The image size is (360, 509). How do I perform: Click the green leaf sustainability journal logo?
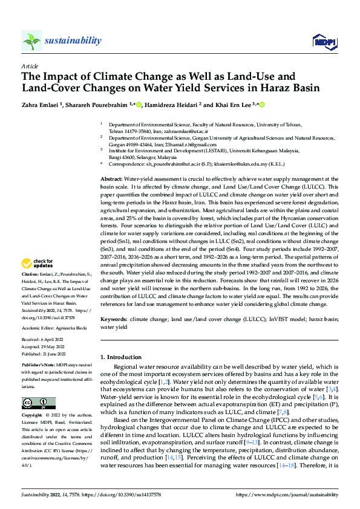pyautogui.click(x=31, y=41)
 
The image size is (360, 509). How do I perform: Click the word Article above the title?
pyautogui.click(x=29, y=66)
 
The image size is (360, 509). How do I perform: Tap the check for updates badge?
pyautogui.click(x=37, y=264)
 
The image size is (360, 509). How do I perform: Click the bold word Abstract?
pyautogui.click(x=111, y=163)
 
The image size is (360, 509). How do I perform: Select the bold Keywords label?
pyautogui.click(x=113, y=319)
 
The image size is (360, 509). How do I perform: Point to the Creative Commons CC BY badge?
pyautogui.click(x=39, y=403)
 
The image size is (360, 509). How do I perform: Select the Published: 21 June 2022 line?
pyautogui.click(x=44, y=355)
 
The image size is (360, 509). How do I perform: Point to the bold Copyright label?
pyautogui.click(x=32, y=417)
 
